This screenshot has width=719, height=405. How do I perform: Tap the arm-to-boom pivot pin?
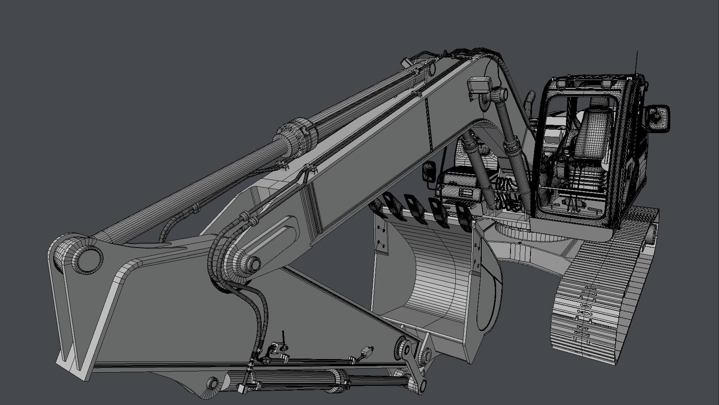click(x=252, y=263)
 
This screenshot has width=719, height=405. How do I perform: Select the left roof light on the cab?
click(x=563, y=83)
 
